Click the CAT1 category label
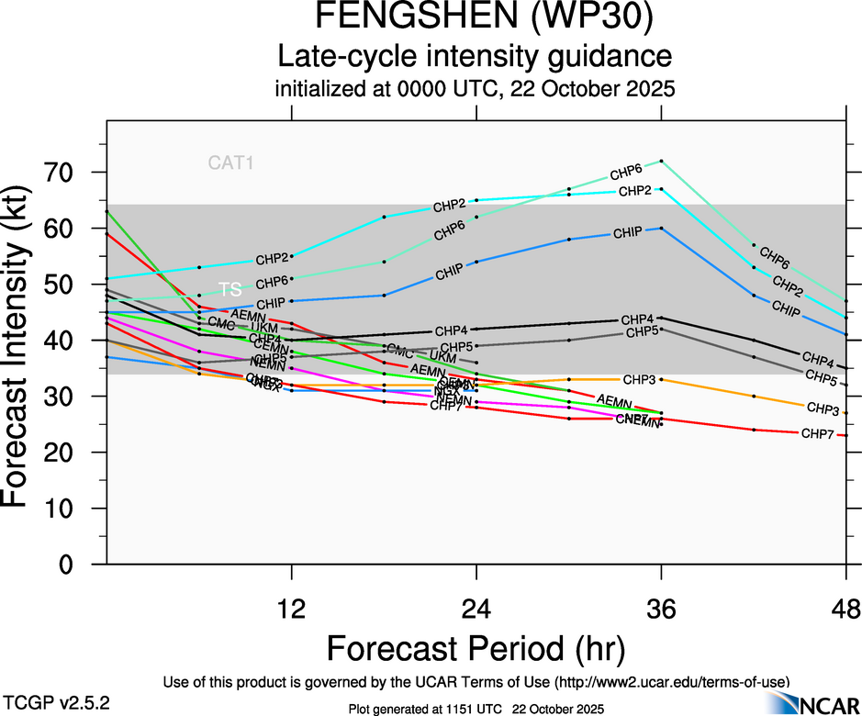[x=230, y=164]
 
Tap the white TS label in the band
[x=229, y=288]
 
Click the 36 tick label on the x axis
[x=661, y=609]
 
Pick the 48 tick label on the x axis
[x=845, y=609]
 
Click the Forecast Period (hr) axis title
[x=476, y=649]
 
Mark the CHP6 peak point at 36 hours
[x=661, y=162]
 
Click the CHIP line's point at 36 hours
[x=661, y=228]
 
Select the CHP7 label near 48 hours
[x=817, y=433]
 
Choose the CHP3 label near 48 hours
[x=822, y=408]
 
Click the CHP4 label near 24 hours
[x=451, y=330]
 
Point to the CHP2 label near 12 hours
[x=272, y=259]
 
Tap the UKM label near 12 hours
[x=264, y=328]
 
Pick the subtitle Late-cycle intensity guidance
[x=475, y=57]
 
